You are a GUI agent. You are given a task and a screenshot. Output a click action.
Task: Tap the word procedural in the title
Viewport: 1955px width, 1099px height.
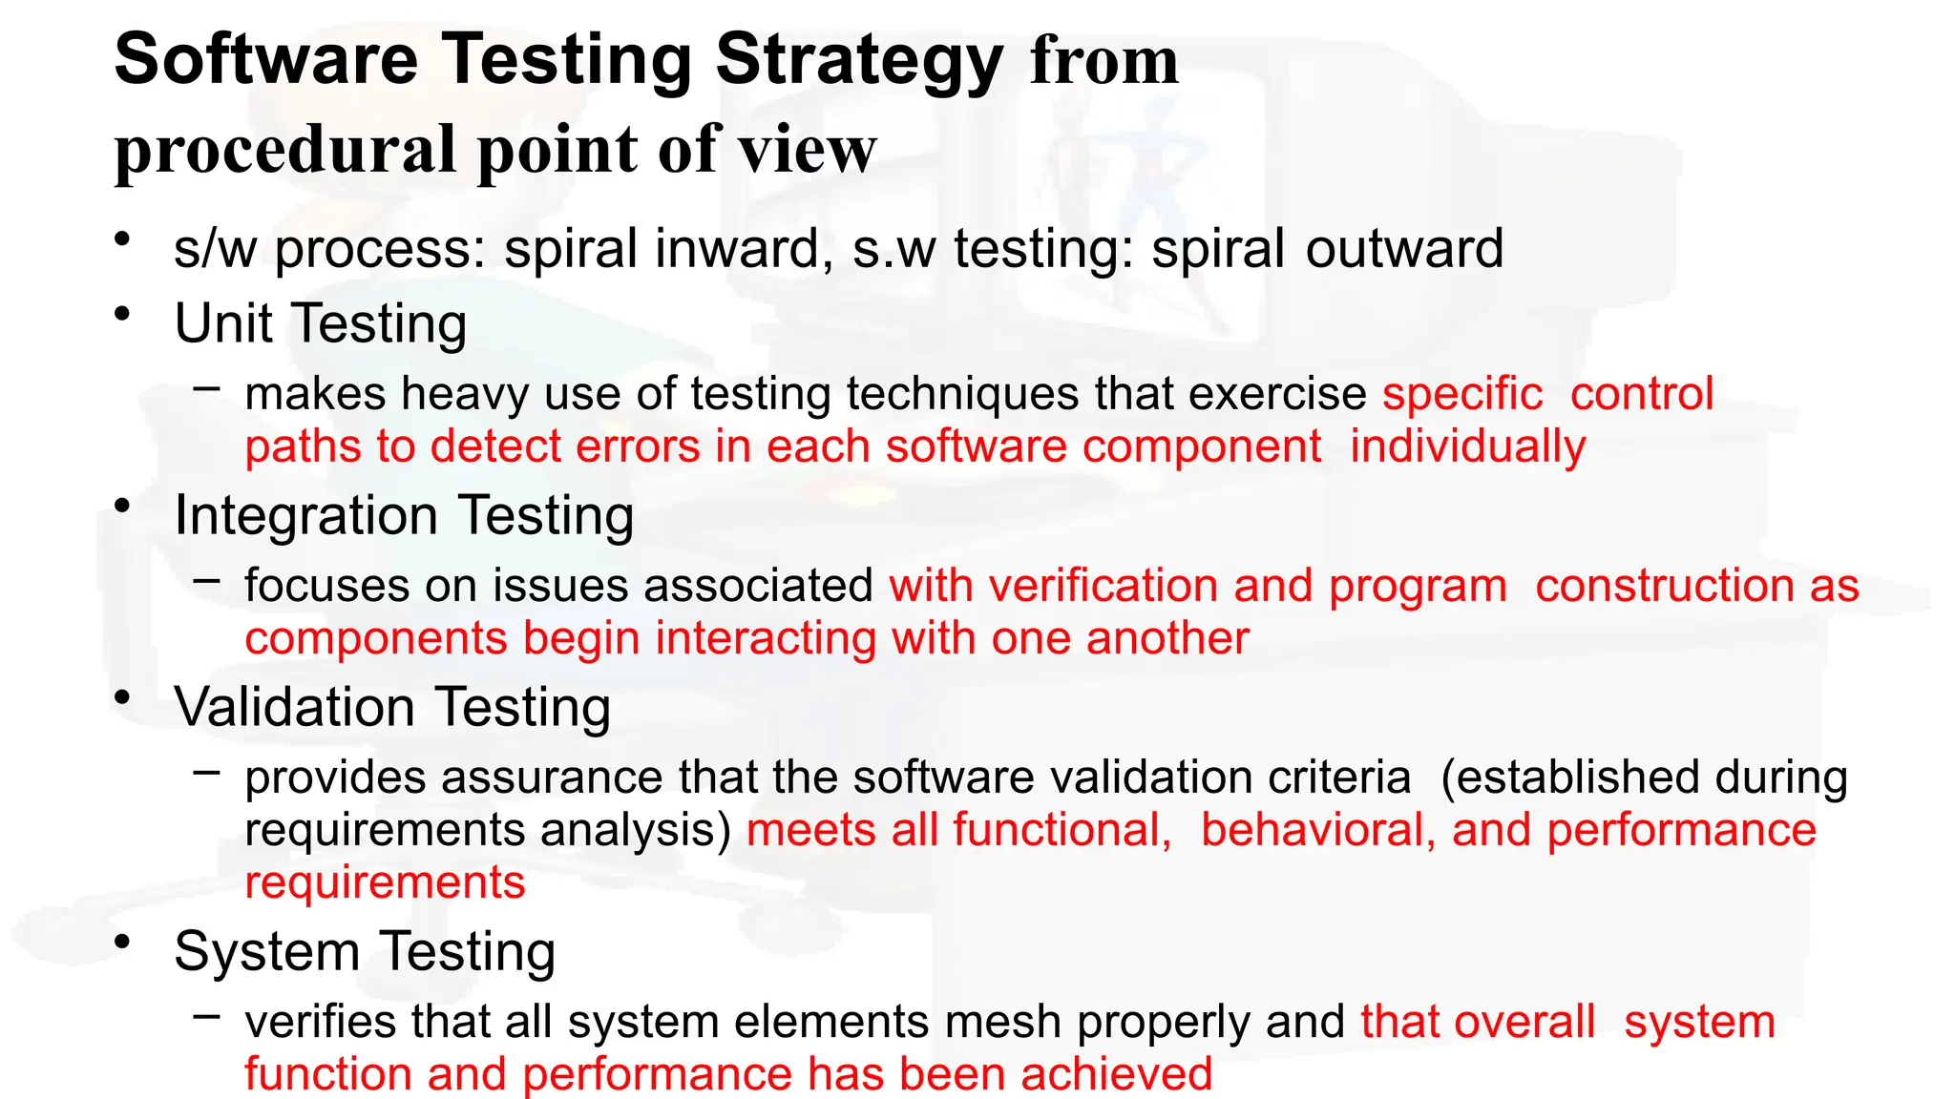click(285, 151)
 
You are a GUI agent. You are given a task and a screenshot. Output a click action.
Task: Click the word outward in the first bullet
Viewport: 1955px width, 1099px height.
click(1404, 249)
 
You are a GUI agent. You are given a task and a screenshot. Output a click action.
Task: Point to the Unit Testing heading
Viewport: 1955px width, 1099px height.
click(321, 323)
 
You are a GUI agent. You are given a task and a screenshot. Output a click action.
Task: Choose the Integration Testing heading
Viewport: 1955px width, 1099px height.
click(404, 516)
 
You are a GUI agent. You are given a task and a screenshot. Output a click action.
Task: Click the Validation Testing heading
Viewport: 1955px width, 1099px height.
click(392, 708)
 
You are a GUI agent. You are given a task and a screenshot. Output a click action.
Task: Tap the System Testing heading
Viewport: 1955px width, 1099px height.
click(365, 952)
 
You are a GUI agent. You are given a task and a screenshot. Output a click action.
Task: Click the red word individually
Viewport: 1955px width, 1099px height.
click(1467, 447)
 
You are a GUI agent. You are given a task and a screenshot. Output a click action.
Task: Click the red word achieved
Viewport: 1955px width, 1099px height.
click(1116, 1074)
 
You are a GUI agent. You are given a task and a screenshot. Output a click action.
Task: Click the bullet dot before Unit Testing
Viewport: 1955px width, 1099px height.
click(121, 314)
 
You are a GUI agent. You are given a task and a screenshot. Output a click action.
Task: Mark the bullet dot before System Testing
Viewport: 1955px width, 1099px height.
click(121, 943)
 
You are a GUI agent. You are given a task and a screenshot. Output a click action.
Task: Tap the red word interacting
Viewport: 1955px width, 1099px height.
click(766, 638)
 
